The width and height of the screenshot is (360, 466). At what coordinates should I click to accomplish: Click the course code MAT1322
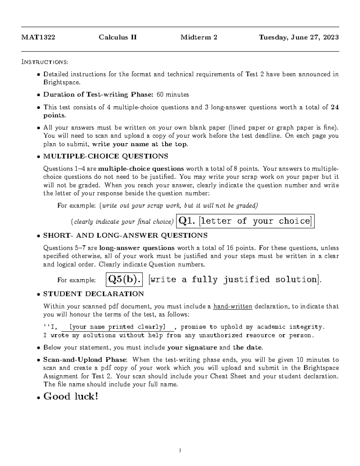(x=38, y=38)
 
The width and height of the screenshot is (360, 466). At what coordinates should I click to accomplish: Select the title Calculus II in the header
(x=118, y=38)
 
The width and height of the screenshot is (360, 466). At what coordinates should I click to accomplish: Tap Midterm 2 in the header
(x=199, y=38)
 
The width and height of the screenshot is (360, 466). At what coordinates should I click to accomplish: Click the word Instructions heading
(x=45, y=62)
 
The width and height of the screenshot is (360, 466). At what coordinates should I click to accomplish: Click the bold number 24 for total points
(x=334, y=107)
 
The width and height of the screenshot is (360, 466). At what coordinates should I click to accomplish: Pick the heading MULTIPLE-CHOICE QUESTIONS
(x=106, y=156)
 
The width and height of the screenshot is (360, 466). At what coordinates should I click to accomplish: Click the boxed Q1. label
(x=187, y=221)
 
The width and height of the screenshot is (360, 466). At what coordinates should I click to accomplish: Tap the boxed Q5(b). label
(x=124, y=280)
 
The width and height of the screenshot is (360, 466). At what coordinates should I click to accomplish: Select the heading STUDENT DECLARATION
(x=94, y=294)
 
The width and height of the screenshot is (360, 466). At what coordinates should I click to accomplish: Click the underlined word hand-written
(x=232, y=306)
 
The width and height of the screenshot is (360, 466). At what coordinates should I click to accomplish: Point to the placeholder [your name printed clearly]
(x=117, y=327)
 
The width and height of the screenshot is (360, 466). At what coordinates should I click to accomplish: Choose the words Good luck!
(x=71, y=396)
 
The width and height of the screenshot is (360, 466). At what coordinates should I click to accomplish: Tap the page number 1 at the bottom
(x=180, y=450)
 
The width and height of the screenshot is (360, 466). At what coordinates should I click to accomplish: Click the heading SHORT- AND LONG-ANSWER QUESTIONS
(x=125, y=235)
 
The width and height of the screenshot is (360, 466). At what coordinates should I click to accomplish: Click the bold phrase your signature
(x=192, y=348)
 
